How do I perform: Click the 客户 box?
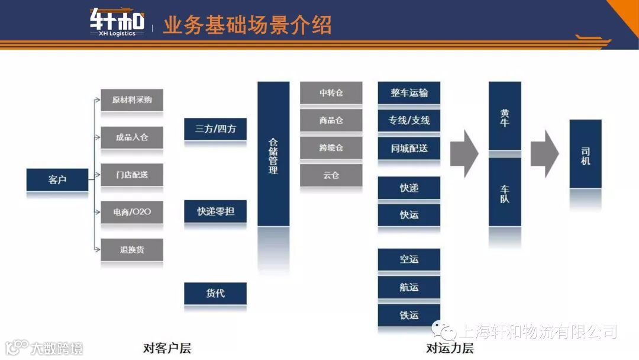pos(57,179)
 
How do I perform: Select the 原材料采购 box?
pos(132,100)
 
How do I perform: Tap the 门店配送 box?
pos(132,175)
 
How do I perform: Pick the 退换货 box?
pos(132,249)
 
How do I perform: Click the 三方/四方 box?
pos(215,128)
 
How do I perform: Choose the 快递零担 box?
pos(215,211)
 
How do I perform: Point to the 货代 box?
pos(215,293)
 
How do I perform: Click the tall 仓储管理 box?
pos(273,154)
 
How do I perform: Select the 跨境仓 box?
pos(331,147)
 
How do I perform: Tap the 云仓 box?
pos(331,175)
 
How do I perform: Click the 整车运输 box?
pos(409,93)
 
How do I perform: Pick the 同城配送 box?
pos(409,148)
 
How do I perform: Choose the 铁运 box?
pos(409,315)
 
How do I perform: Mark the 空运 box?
pos(409,259)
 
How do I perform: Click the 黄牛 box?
pos(505,117)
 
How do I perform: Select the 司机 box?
pos(585,154)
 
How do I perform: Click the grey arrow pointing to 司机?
pos(544,154)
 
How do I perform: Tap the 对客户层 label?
pos(167,348)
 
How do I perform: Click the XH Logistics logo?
pos(117,22)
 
